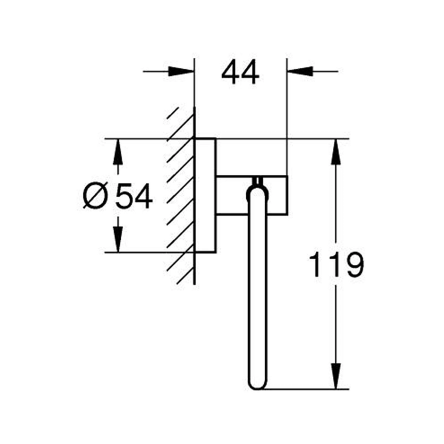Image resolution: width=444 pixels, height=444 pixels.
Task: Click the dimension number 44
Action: point(240,72)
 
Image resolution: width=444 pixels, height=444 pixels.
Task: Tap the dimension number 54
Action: point(134,197)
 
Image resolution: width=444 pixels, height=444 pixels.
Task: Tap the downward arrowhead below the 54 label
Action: point(118,241)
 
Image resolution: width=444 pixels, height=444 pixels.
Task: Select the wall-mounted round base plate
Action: point(205,195)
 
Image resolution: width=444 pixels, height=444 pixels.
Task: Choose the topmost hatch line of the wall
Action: point(172,113)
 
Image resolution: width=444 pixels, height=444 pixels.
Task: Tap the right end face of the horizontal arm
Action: point(287,195)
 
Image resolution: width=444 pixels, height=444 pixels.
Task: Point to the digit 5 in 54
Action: point(125,197)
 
